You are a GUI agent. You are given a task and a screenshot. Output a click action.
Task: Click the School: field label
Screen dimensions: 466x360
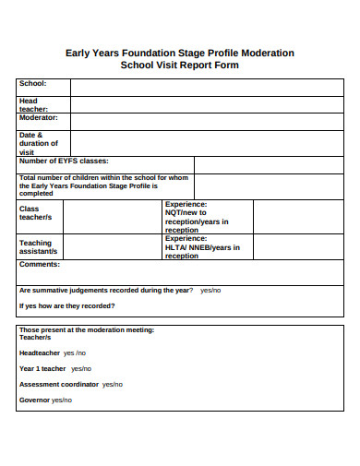(32, 83)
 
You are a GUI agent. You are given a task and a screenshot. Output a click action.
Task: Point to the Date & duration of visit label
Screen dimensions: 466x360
(38, 143)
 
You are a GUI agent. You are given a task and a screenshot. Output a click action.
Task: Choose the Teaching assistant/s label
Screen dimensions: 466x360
(38, 246)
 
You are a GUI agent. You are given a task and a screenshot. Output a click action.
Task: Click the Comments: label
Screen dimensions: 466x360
(40, 264)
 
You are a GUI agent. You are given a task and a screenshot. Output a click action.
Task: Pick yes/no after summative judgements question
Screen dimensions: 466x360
(210, 290)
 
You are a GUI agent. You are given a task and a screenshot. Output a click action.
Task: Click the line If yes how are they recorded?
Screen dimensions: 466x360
(67, 305)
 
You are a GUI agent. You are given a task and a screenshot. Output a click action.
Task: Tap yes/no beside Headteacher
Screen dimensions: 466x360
(75, 352)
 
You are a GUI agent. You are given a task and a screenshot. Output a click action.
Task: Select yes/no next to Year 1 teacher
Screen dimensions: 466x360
(81, 368)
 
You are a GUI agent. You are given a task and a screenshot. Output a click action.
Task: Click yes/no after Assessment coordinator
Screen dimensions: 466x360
(113, 384)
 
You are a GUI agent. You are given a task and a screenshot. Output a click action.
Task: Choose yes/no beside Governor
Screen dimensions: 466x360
(62, 400)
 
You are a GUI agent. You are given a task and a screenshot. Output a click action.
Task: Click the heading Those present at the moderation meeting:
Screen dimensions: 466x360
(87, 329)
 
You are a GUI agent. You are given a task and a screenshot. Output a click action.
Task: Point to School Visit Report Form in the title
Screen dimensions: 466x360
(179, 66)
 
